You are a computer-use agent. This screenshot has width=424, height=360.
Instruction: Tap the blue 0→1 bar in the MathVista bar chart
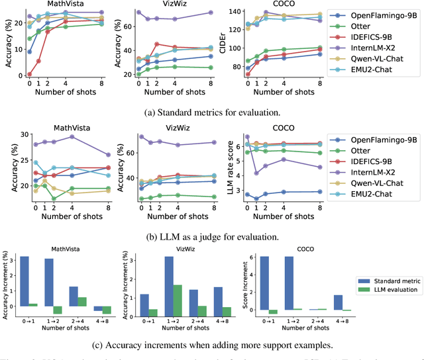23,281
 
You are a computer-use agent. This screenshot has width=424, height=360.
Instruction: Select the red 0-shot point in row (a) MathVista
29,75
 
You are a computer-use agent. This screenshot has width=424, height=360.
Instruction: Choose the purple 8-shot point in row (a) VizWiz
210,13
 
